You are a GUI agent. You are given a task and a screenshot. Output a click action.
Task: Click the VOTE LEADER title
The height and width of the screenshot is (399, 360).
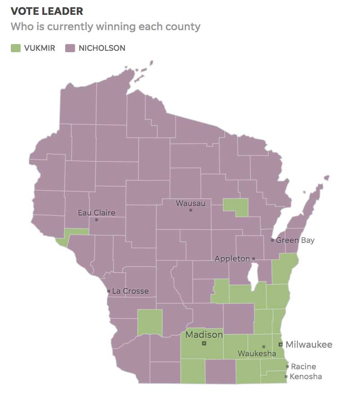coord(47,11)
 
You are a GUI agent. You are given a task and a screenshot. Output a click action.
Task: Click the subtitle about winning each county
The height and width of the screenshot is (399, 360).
coord(105,27)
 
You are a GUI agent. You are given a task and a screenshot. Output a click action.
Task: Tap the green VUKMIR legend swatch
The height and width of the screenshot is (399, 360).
coord(16,48)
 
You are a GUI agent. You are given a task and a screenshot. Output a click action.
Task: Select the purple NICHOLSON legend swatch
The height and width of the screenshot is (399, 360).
coord(70,48)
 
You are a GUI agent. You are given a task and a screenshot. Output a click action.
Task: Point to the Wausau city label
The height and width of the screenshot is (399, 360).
coord(190,203)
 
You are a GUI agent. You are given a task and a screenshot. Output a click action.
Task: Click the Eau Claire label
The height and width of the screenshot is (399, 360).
coord(96,212)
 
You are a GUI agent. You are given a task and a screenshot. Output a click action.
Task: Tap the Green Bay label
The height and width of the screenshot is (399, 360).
coord(295,240)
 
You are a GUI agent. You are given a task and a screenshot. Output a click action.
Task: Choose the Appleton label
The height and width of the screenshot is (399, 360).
coord(232,259)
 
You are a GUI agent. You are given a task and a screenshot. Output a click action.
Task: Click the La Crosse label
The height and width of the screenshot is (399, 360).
coord(130,291)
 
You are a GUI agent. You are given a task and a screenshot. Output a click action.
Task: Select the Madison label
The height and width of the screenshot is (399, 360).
coord(204,335)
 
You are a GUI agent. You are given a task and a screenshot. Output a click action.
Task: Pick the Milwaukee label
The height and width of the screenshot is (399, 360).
coord(309,345)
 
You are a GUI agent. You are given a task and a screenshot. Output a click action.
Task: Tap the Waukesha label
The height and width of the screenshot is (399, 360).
coord(257,354)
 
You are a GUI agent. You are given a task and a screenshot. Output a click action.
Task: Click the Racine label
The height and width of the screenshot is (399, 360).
coord(303,367)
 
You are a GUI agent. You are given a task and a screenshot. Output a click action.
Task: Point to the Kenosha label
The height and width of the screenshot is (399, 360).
coord(306,377)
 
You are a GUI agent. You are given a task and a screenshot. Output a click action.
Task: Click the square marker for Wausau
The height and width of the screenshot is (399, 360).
coord(191,210)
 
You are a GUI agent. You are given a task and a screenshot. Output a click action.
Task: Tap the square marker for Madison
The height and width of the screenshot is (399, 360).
coord(204,343)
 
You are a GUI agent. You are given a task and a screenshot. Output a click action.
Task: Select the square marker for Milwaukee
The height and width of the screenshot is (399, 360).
coord(280,345)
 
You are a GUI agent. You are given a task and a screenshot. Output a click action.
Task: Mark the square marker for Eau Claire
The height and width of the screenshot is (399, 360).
coord(97,220)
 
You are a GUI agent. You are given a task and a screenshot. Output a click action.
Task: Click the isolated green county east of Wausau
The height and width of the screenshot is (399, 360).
coord(236,207)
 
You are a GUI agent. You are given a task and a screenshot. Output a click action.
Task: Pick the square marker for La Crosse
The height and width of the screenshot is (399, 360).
coord(109,291)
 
